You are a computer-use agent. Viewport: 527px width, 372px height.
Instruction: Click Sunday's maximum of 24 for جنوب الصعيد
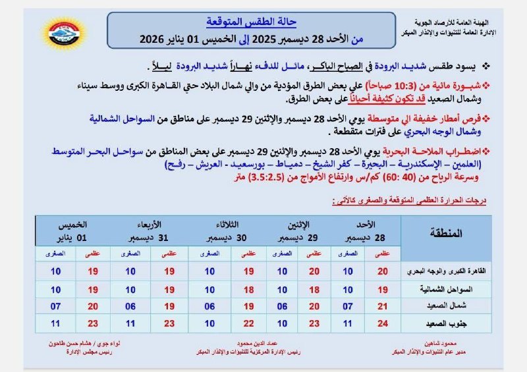click(x=381, y=323)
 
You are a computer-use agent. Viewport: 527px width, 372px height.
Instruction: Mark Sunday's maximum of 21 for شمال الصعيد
click(x=381, y=306)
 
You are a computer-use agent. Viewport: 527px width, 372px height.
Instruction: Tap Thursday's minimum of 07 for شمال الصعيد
click(x=55, y=306)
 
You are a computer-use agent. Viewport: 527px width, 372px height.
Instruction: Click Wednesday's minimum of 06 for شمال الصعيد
click(x=130, y=306)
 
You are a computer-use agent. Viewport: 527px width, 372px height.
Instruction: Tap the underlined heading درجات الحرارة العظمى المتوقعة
click(x=408, y=201)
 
